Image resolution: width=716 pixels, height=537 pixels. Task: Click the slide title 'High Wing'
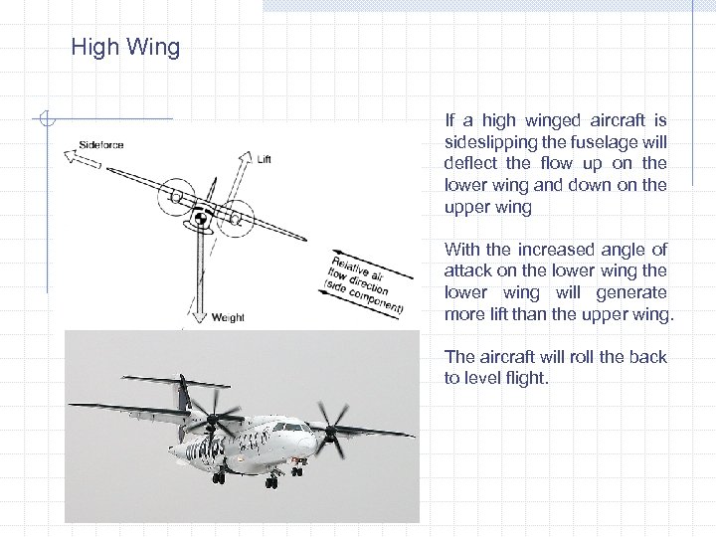(x=125, y=47)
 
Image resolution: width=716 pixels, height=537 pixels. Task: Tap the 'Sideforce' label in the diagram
(x=101, y=145)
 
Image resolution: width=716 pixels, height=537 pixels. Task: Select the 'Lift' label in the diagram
(x=264, y=159)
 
